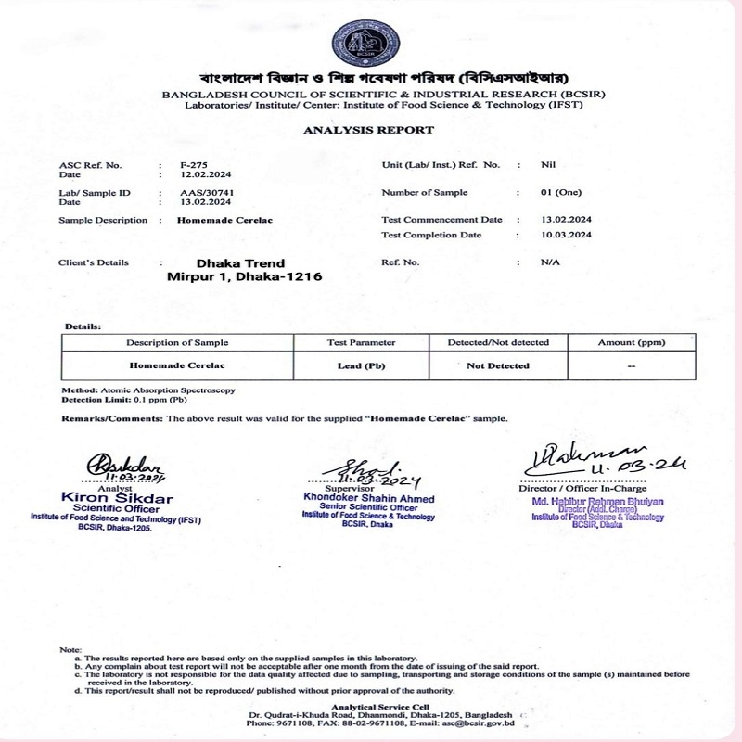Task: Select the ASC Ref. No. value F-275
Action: [193, 164]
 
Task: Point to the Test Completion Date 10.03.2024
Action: [566, 235]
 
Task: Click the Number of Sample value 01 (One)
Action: [559, 192]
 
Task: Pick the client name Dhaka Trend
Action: [234, 263]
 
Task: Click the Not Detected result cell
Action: [498, 366]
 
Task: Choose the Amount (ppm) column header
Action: [630, 343]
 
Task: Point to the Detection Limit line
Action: [124, 400]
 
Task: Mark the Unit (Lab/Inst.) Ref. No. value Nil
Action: [547, 164]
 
